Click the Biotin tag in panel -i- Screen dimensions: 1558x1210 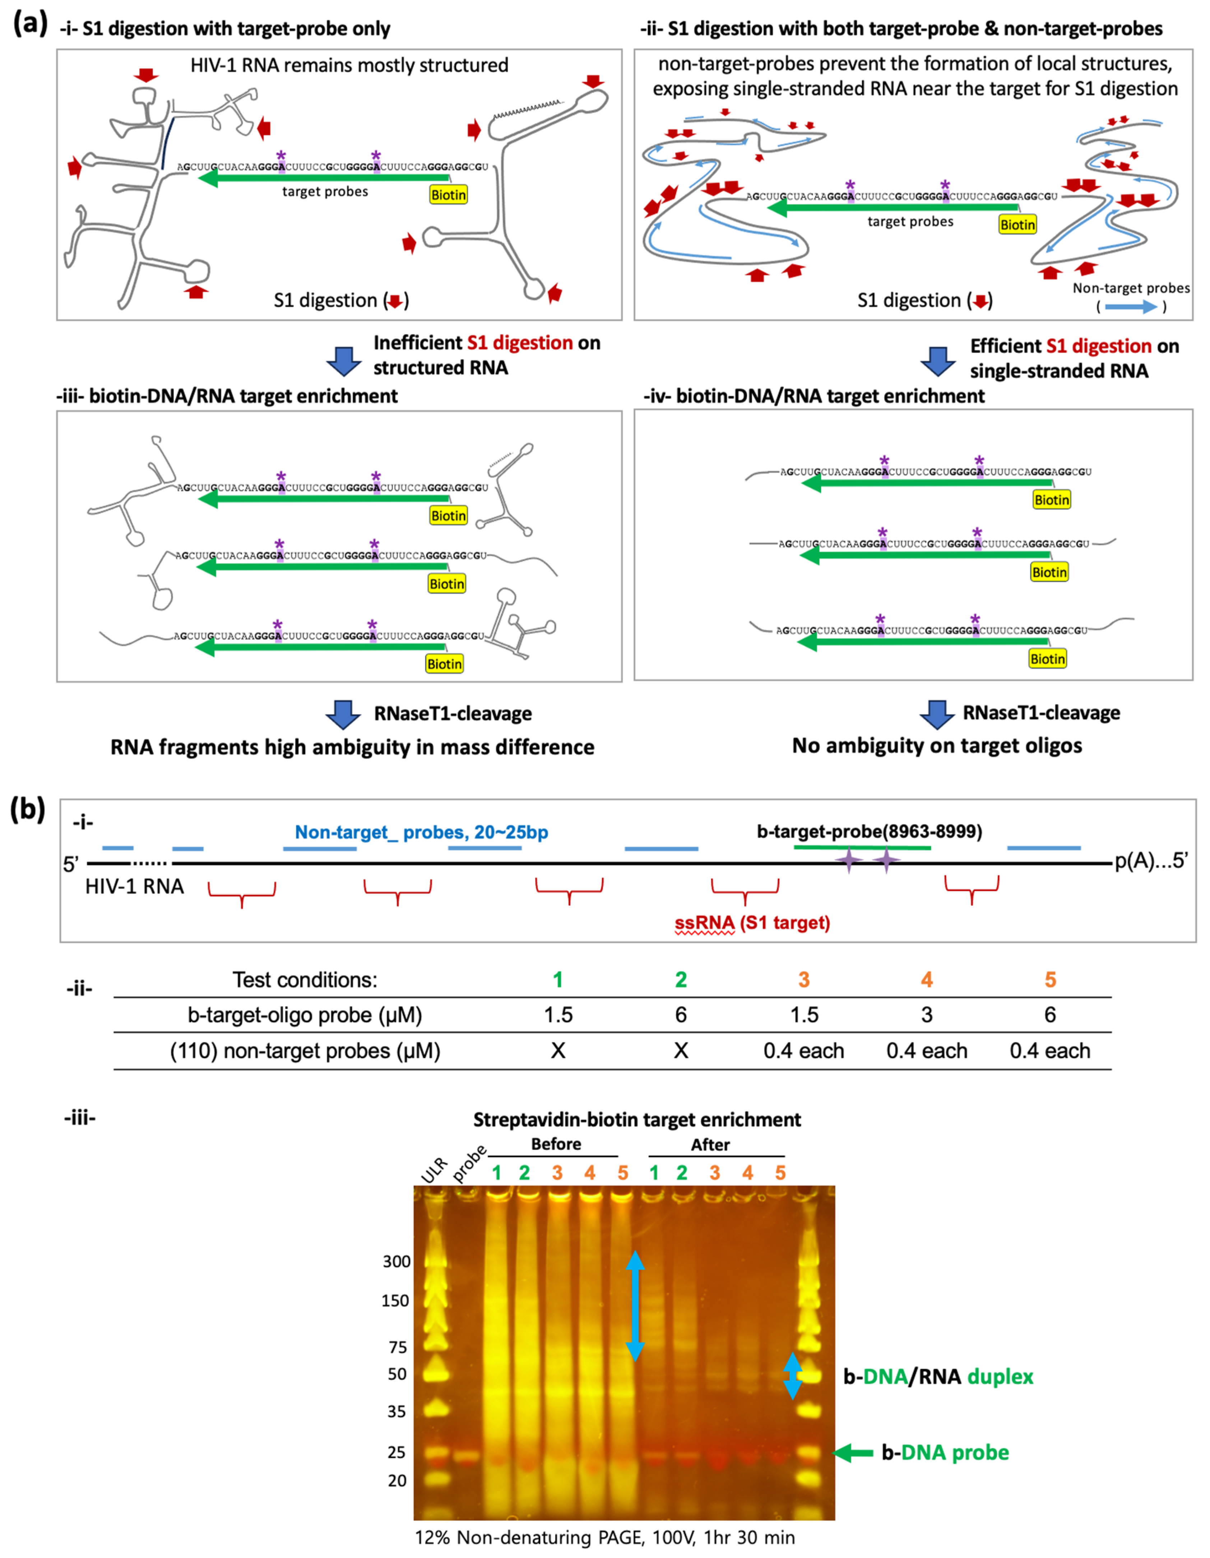[x=448, y=195]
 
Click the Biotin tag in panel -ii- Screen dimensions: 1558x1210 [x=1017, y=225]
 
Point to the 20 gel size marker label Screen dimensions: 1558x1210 [x=397, y=1480]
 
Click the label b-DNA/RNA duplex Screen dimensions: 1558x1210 [x=937, y=1376]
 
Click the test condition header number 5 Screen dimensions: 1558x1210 [x=1049, y=979]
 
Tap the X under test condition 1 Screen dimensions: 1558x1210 [x=558, y=1051]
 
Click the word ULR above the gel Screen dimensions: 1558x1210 [x=434, y=1170]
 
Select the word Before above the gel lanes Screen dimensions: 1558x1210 [x=556, y=1144]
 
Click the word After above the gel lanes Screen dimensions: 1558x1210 [x=710, y=1145]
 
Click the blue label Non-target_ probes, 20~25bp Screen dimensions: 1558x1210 [x=421, y=833]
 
